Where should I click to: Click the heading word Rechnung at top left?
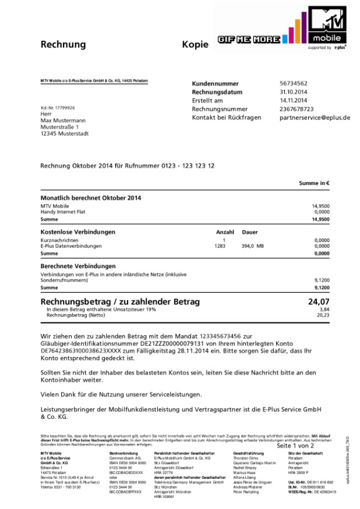point(63,44)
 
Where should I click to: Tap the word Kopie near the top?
point(195,44)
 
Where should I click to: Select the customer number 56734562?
point(293,83)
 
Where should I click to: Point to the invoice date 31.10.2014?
point(293,92)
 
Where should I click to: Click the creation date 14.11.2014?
point(293,100)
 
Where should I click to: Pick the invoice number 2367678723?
point(297,109)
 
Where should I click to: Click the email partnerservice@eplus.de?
point(315,118)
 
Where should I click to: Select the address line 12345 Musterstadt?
point(64,134)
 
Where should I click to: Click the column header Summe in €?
point(314,183)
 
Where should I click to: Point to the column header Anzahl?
point(225,232)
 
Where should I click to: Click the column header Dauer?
point(250,232)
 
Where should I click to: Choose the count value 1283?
point(220,246)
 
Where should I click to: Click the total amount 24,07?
point(319,302)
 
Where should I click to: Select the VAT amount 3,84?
point(324,310)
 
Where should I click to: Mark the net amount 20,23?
point(323,316)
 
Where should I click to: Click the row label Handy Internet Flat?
point(63,211)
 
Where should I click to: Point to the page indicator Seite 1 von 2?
point(295,445)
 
